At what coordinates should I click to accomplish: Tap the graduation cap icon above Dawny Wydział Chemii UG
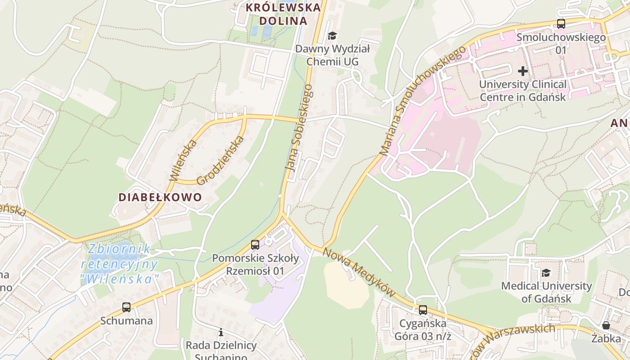coord(332,36)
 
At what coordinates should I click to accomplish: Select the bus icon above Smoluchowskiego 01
coord(561,24)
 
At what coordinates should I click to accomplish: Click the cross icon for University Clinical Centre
coord(522,71)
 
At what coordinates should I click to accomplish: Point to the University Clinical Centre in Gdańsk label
coord(522,90)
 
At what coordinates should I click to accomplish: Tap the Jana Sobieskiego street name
coord(299,128)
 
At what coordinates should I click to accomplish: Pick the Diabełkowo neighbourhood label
coord(160,197)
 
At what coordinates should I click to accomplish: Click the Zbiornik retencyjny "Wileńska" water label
coord(121,264)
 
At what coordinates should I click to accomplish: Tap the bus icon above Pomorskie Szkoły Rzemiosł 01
coord(255,245)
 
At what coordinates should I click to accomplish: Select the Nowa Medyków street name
coord(359,273)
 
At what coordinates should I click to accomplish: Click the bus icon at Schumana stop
coord(126,307)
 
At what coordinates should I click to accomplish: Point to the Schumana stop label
coord(126,321)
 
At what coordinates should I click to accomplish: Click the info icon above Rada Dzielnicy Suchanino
coord(221,333)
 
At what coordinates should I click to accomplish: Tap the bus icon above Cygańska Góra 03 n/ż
coord(423,310)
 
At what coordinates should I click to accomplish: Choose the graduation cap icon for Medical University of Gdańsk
coord(546,273)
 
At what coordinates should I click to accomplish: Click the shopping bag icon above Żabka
coord(606,325)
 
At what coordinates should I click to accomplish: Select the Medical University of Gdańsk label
coord(546,292)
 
